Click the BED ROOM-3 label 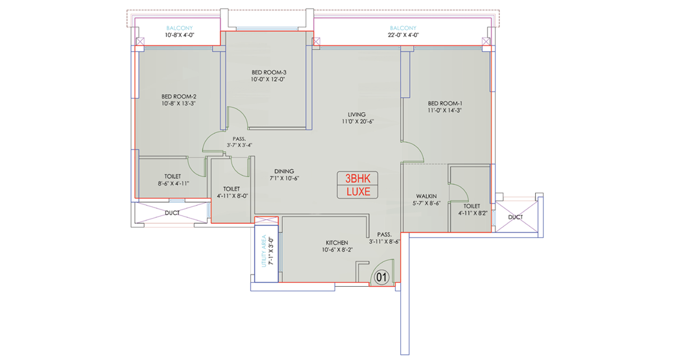269,73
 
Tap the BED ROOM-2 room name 179,97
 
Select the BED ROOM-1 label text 445,104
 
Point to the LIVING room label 356,114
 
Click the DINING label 284,171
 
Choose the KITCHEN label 337,243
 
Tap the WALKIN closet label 426,196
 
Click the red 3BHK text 357,178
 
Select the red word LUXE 358,192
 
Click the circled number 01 381,278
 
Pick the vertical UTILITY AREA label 264,251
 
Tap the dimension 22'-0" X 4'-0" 403,35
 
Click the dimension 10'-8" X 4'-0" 180,35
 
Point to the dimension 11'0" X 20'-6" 357,121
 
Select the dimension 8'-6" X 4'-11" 174,184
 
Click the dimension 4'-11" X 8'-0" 232,196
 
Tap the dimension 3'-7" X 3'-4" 239,145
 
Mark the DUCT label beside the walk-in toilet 515,217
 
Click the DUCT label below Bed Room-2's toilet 172,213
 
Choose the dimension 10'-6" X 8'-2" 337,250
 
